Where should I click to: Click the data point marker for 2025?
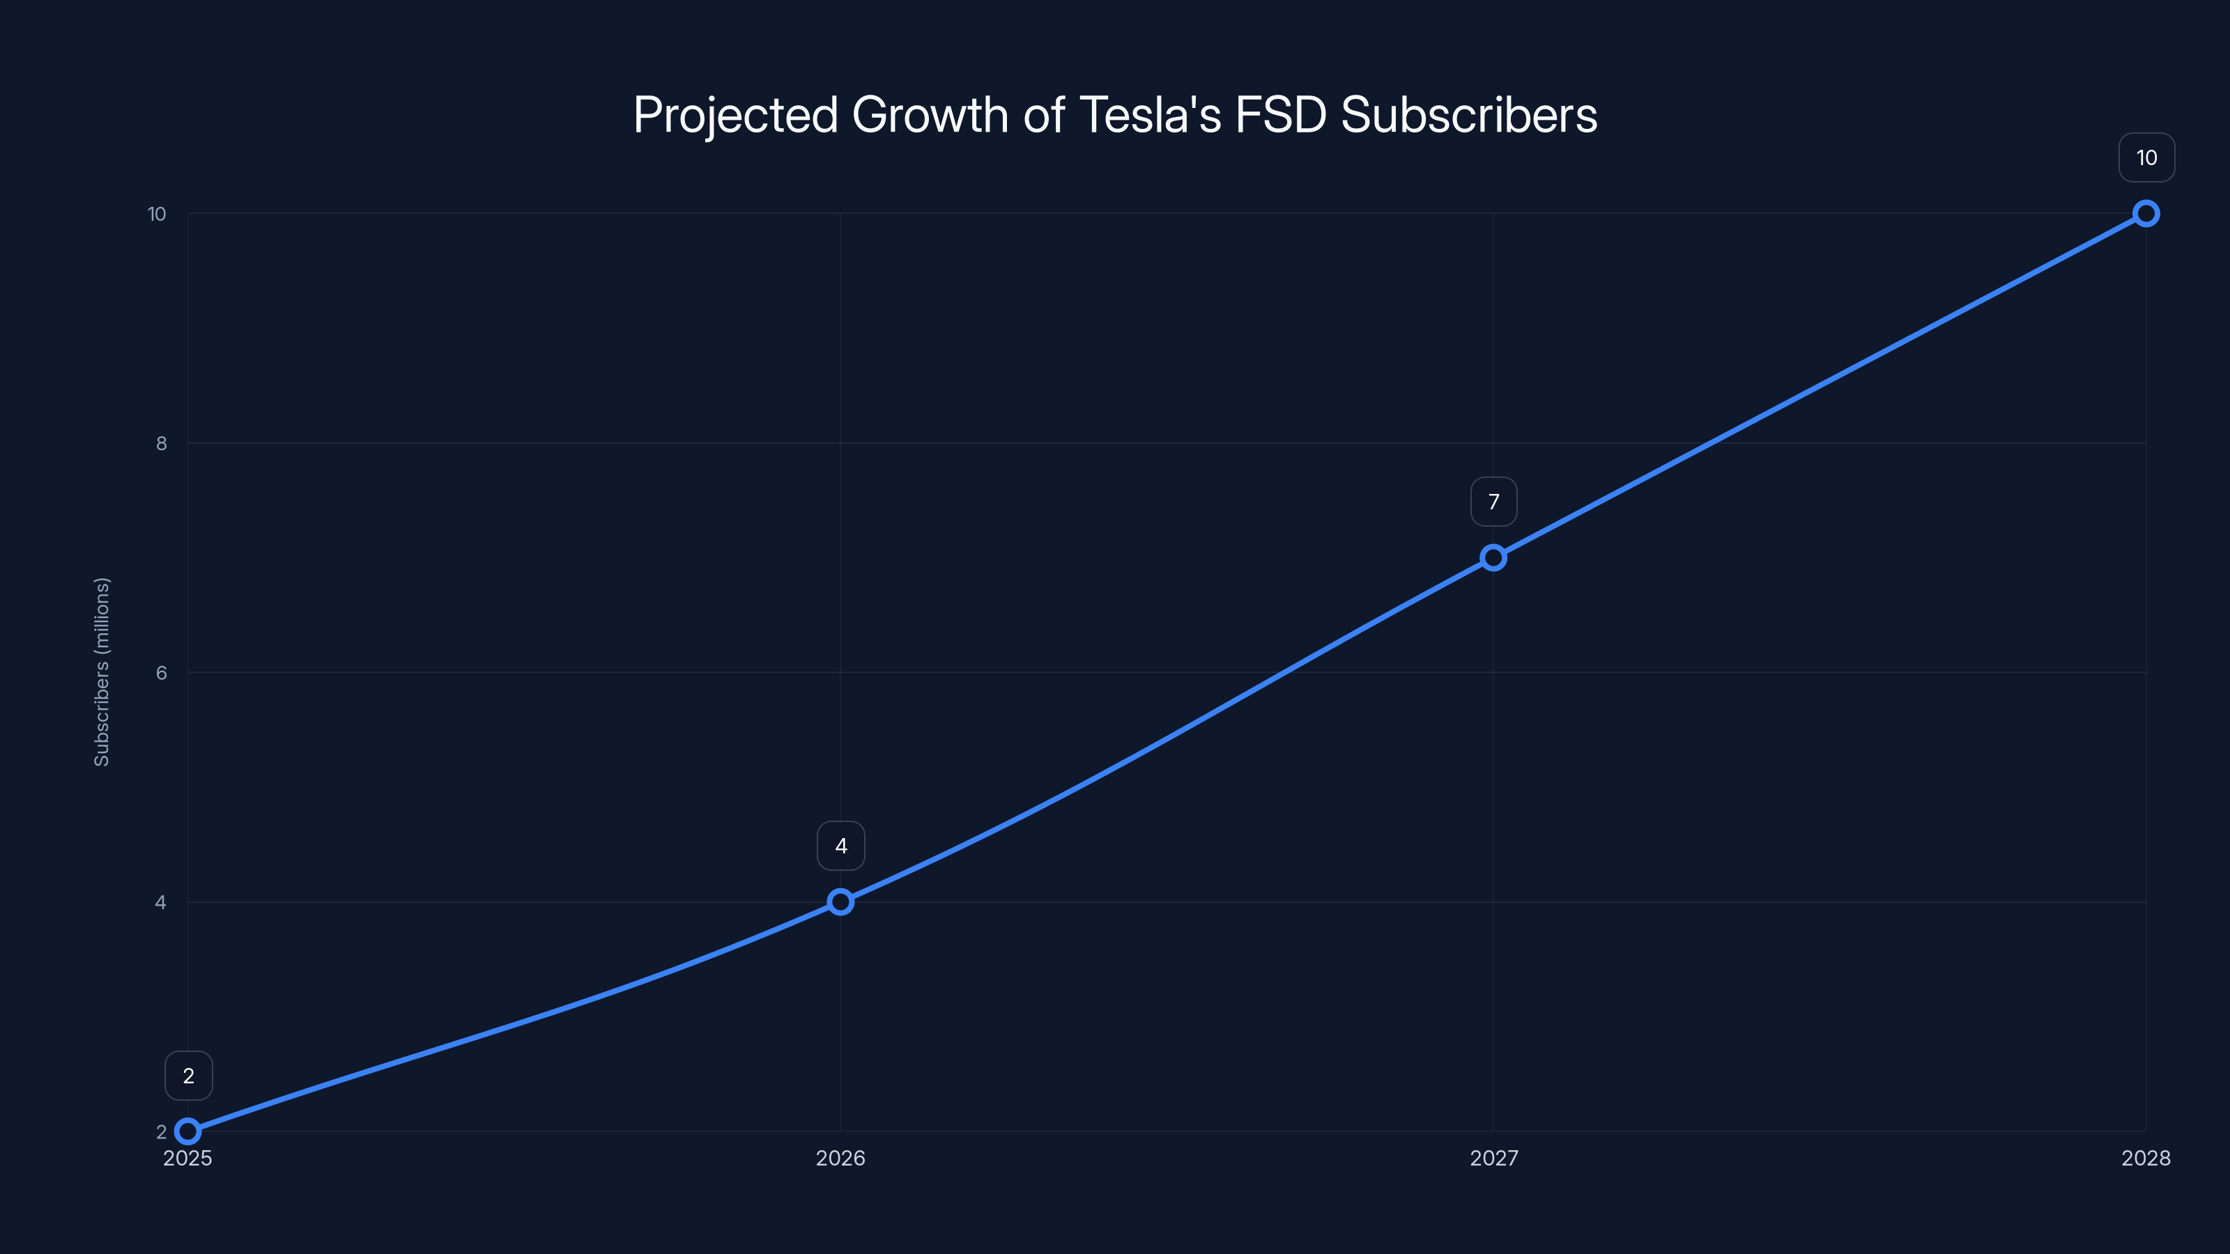pos(188,1131)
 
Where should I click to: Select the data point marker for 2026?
pos(840,901)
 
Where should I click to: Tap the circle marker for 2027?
pos(1493,557)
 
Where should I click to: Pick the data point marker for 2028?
pos(2145,214)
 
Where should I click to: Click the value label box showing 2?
pos(189,1076)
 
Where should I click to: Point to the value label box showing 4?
pos(840,846)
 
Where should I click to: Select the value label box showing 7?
pos(1493,502)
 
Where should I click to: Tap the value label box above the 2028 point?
pos(2146,157)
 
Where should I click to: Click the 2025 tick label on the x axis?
pos(188,1158)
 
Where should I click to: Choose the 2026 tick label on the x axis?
pos(840,1158)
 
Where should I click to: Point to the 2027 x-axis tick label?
pos(1493,1158)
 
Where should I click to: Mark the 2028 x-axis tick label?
pos(2145,1158)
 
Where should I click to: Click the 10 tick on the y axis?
pos(157,214)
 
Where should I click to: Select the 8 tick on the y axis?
pos(161,443)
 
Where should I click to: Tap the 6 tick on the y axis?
pos(161,672)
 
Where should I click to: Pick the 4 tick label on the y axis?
pos(160,901)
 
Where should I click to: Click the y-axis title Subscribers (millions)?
pos(101,672)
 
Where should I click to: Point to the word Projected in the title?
pos(735,115)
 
